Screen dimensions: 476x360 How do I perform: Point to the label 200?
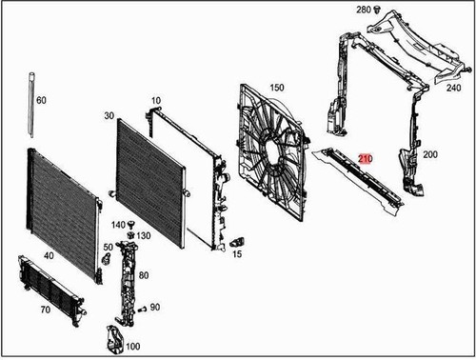point(430,154)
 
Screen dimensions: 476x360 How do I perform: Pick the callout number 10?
point(156,99)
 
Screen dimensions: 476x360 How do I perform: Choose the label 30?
point(110,115)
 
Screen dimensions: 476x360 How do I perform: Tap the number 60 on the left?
point(41,99)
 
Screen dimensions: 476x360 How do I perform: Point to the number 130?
point(144,235)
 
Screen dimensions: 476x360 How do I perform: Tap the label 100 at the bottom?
point(132,346)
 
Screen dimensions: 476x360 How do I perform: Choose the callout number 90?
point(155,308)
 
